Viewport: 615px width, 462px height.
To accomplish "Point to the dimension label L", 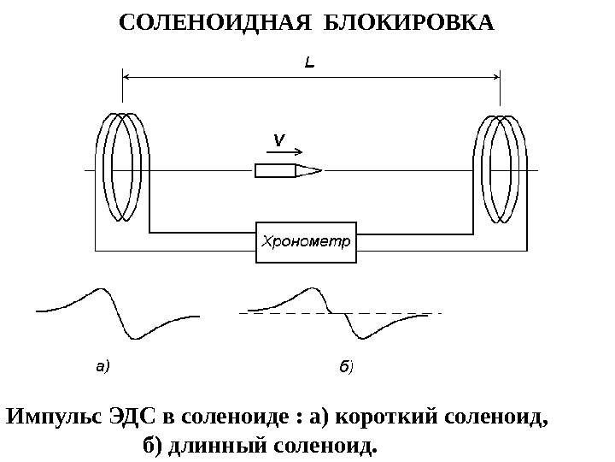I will click(312, 62).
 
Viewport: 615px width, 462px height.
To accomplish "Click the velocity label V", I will click(278, 139).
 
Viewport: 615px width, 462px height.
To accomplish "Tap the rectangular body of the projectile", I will click(274, 170).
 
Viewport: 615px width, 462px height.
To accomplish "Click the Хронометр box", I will click(306, 240).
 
